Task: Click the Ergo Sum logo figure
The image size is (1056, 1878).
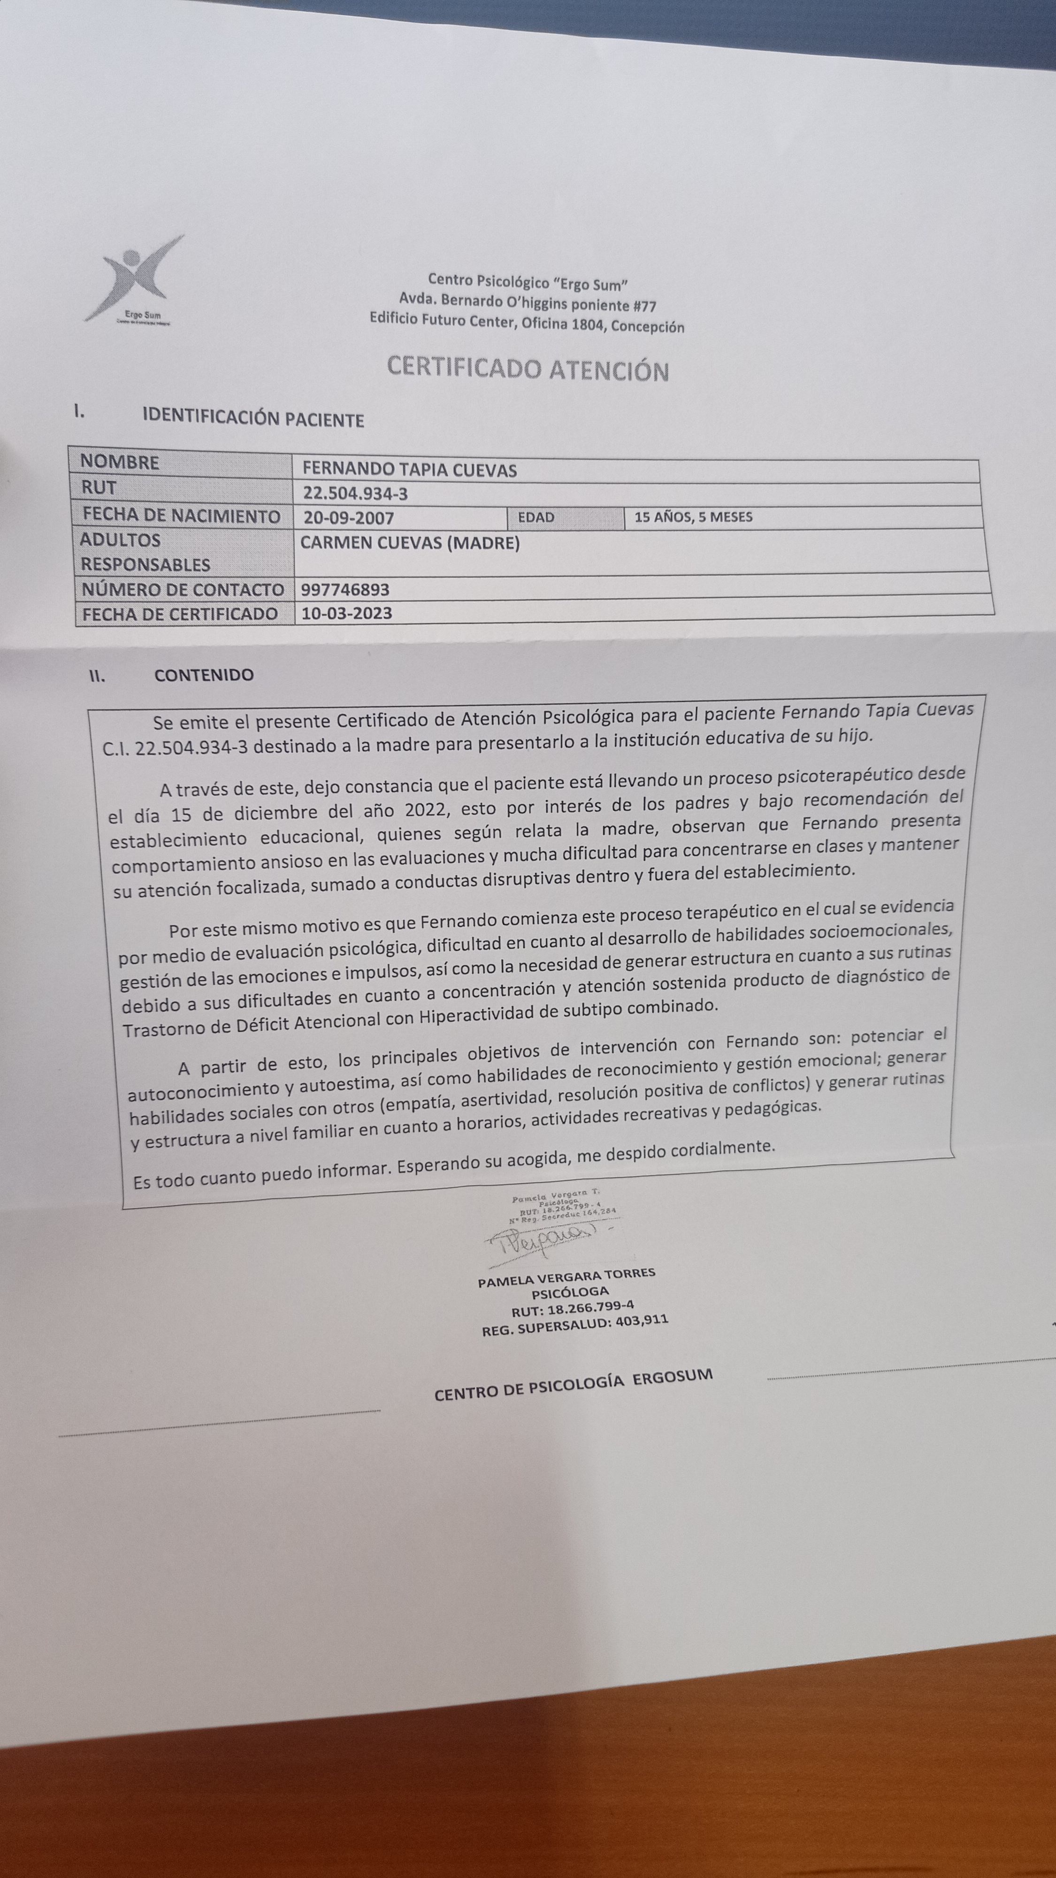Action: (x=135, y=277)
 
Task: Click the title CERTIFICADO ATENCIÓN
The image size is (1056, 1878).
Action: (x=528, y=369)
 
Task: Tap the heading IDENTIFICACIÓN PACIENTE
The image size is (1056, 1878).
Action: (x=253, y=418)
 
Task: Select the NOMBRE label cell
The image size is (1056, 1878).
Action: (x=120, y=462)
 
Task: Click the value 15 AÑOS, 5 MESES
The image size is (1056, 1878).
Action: (x=693, y=517)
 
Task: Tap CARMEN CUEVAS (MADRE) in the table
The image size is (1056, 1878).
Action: (x=410, y=543)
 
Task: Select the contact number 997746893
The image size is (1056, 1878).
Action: (x=345, y=589)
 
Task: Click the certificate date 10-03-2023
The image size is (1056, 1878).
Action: (x=347, y=613)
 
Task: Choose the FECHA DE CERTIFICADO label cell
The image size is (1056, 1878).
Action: (x=179, y=614)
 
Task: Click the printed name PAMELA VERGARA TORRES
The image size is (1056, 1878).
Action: (x=567, y=1277)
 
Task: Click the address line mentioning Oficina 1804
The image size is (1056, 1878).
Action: (x=526, y=322)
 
